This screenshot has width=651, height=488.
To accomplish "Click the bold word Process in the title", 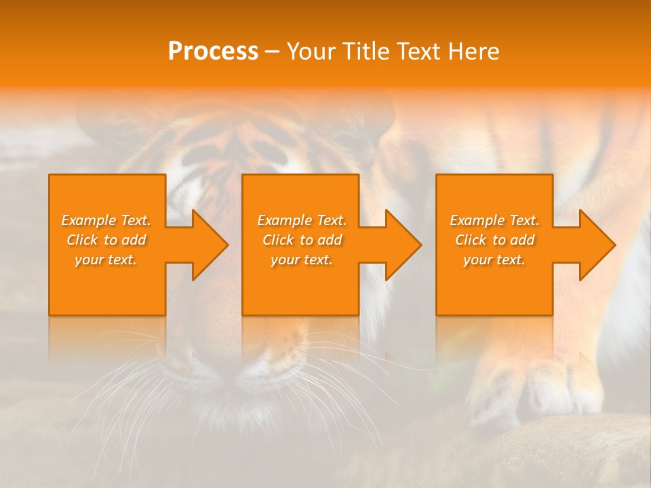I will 213,52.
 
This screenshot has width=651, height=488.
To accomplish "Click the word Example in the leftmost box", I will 87,220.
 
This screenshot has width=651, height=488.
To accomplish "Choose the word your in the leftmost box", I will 89,260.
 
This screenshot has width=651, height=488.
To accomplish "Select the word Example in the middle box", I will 283,220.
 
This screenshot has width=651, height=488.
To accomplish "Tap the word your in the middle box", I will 285,260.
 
